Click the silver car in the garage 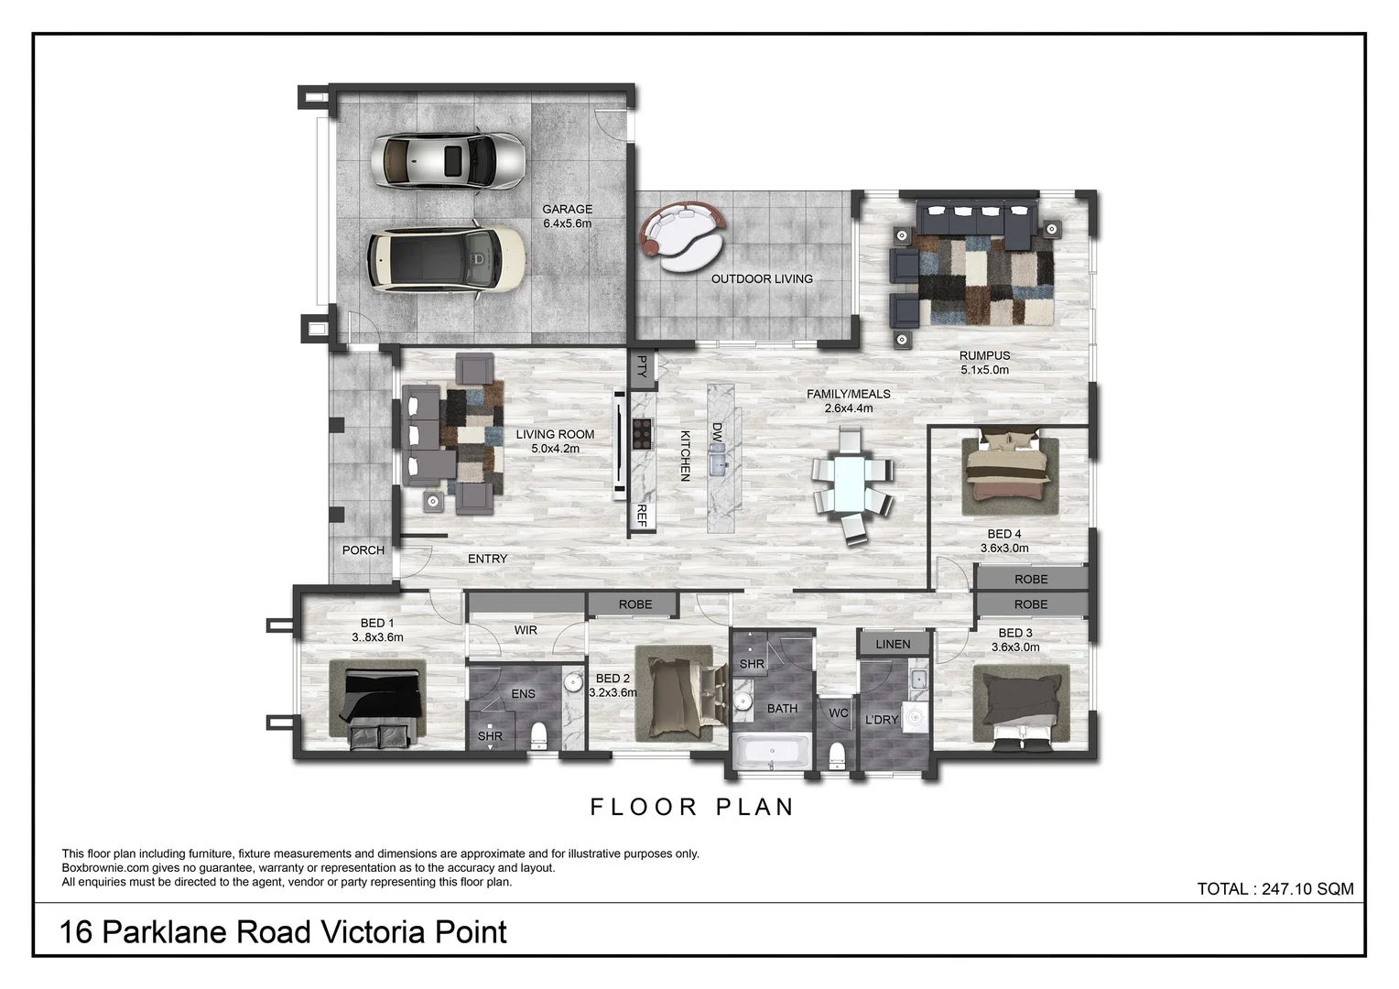449,160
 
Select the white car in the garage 447,258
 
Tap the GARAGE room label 567,210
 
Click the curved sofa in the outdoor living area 682,234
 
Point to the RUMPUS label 984,356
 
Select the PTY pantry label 642,367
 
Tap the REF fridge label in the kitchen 642,516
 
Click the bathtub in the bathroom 772,755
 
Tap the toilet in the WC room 836,756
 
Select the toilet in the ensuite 539,734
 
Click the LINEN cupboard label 893,644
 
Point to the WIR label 526,630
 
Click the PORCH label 363,550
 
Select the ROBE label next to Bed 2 634,604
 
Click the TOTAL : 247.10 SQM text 1274,889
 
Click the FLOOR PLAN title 692,807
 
